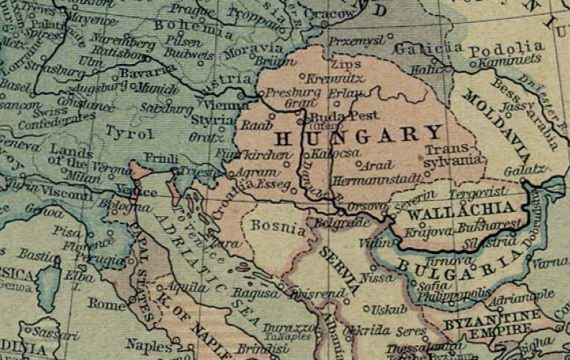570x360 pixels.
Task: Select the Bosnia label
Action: coord(278,227)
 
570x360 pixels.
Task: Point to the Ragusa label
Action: coord(253,294)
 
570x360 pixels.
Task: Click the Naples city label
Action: coord(148,347)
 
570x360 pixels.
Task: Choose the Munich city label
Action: coord(158,89)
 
